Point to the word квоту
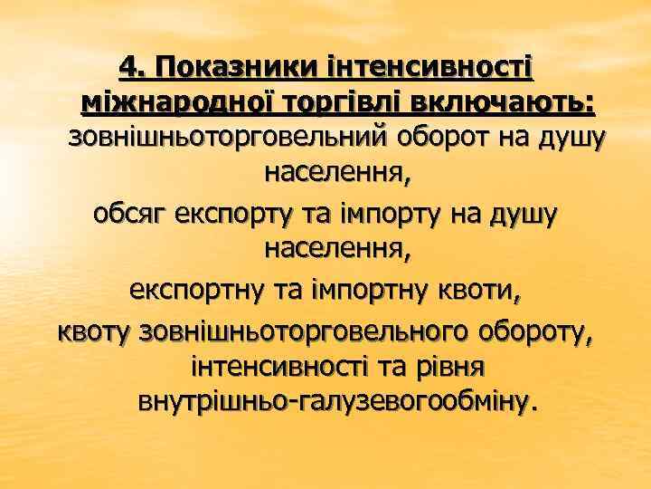pos(95,332)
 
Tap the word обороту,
pos(533,332)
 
